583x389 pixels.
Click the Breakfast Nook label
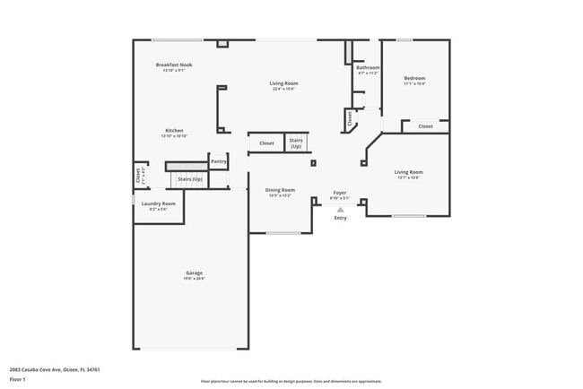point(174,65)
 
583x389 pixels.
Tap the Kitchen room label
point(174,131)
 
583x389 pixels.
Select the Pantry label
point(218,161)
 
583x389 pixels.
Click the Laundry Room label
point(159,203)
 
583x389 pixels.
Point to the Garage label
point(194,273)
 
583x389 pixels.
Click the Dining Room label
point(280,190)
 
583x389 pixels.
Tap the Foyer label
point(340,193)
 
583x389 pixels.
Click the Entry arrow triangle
point(340,209)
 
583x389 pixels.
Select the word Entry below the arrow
point(340,218)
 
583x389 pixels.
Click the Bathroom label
point(368,68)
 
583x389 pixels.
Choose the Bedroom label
point(414,78)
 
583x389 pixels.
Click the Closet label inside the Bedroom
point(425,126)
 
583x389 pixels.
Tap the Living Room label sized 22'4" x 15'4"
point(283,83)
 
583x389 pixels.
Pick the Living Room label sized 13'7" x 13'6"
point(409,172)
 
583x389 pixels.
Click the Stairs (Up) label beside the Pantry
point(189,179)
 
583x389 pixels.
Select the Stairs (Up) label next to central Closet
point(296,143)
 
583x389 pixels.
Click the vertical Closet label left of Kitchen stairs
point(138,175)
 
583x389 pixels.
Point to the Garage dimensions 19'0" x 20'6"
point(194,279)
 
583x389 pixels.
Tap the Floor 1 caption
point(18,380)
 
